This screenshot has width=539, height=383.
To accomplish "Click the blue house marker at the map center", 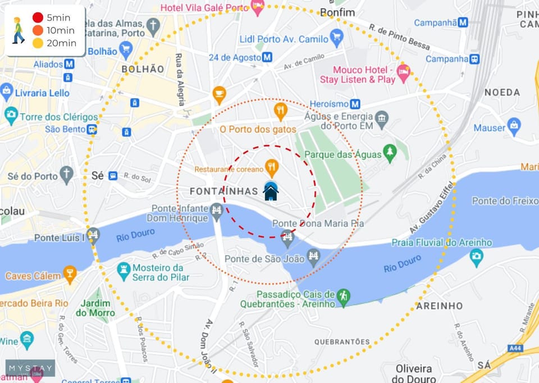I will [271, 191].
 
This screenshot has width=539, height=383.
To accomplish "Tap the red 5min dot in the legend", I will [38, 17].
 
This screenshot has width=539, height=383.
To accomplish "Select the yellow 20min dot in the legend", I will [38, 43].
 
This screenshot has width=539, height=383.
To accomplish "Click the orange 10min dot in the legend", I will [38, 30].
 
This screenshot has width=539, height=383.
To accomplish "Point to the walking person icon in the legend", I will [18, 30].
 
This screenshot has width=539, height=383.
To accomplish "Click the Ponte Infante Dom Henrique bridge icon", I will [217, 212].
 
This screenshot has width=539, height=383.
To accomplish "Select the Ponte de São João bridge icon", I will [313, 257].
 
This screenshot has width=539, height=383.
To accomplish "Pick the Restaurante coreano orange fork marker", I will [272, 166].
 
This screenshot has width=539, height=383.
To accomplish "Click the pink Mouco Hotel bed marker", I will [403, 71].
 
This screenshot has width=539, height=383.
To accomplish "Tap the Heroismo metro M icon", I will [355, 104].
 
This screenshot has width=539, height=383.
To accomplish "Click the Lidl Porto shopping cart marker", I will [336, 38].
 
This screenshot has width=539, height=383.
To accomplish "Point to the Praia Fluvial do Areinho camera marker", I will [477, 257].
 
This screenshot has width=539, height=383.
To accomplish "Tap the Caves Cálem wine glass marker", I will [70, 274].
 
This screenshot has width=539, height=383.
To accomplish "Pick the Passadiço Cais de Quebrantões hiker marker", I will [343, 295].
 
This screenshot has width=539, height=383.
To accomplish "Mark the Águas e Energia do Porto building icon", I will [382, 118].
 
